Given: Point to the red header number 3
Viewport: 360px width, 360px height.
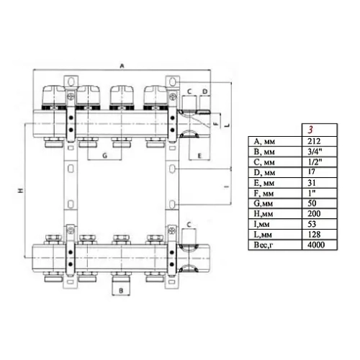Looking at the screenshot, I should click(x=310, y=130).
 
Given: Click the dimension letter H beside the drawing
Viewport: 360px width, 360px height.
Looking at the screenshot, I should click(x=21, y=190).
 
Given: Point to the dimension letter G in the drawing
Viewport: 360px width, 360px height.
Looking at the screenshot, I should click(x=104, y=156).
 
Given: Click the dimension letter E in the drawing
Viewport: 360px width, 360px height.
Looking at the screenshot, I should click(x=199, y=156).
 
